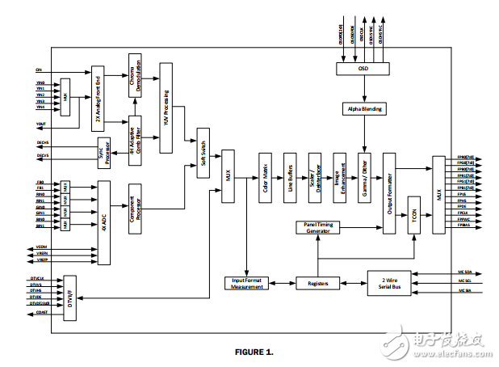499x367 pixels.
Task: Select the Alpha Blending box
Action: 366,108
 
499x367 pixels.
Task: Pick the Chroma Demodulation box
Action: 135,78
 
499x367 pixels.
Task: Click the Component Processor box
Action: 135,206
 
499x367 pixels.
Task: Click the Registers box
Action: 318,283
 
